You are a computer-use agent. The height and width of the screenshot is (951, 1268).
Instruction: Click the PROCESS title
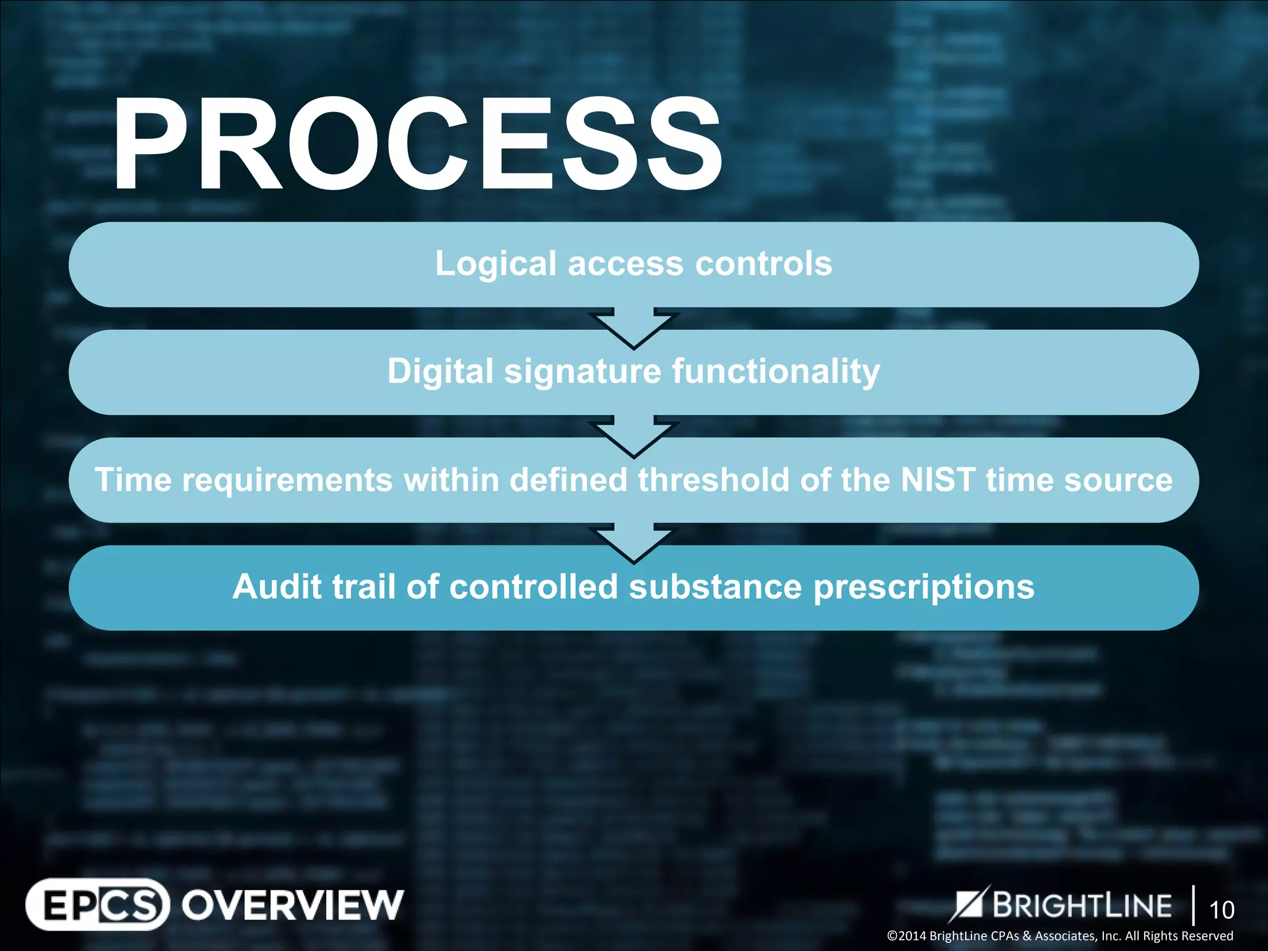coord(416,145)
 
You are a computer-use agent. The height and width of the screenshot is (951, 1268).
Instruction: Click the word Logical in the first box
coord(495,264)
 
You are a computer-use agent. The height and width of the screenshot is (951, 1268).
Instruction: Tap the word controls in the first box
coord(763,264)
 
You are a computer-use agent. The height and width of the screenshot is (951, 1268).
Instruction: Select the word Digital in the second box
coord(440,371)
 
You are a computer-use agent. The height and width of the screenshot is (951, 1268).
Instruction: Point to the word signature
coord(583,372)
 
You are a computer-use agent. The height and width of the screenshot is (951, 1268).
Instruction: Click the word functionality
coord(776,371)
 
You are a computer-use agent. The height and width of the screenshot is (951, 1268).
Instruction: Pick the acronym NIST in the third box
coord(937,480)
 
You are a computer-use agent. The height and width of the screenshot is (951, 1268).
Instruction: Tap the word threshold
coord(713,480)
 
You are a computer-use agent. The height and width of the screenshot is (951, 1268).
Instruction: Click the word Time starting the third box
coord(132,480)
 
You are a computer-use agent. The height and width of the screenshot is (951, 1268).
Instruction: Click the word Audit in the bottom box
coord(277,586)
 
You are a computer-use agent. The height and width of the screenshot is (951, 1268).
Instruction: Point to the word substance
coord(715,586)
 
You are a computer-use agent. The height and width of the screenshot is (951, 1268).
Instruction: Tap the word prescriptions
coord(924,588)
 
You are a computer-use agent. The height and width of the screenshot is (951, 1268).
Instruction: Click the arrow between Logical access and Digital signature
coord(633,328)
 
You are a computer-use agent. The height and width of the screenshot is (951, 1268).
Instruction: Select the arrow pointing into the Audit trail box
coord(633,543)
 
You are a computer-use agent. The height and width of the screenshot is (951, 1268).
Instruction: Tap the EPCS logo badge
coord(97,905)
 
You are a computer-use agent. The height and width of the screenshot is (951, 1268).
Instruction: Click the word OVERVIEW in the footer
coord(292,905)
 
